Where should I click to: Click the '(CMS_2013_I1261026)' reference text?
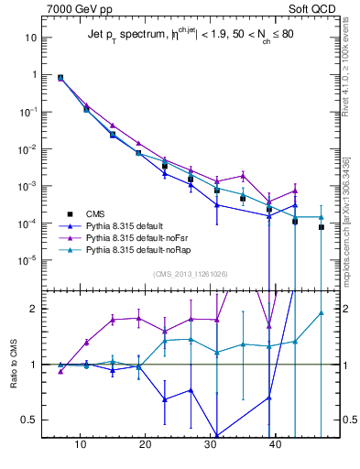190,275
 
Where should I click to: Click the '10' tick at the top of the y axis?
31,38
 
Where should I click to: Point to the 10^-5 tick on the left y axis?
28,260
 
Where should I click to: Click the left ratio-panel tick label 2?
34,309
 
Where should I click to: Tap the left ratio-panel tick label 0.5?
30,420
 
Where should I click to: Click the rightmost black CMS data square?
322,227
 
